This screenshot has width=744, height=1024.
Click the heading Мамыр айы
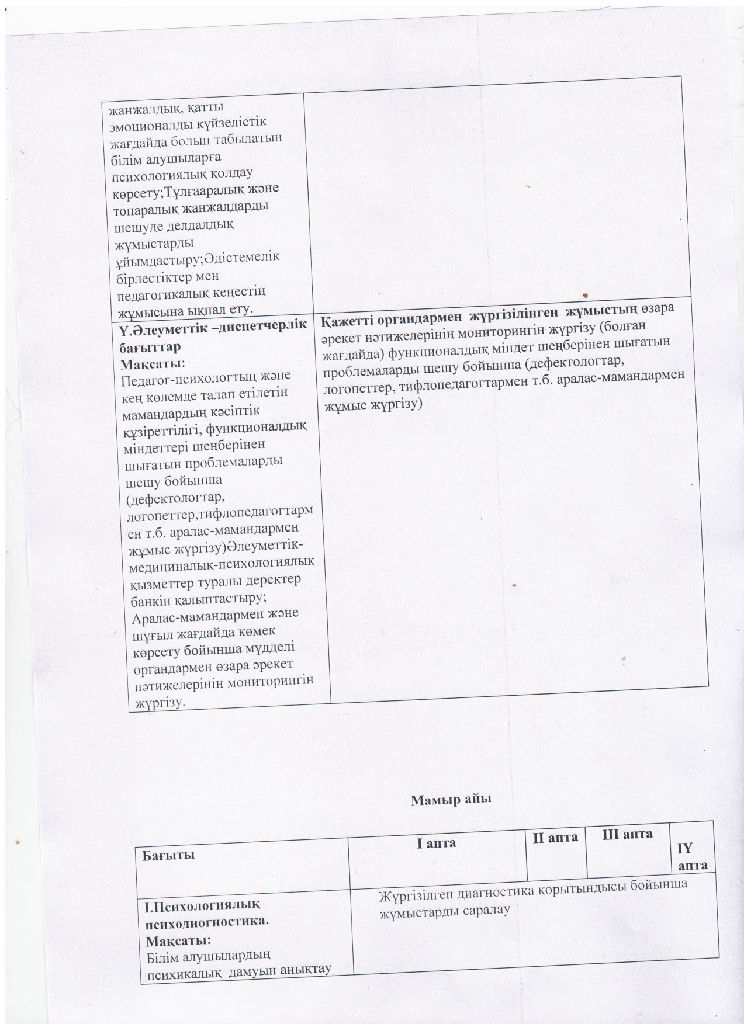[451, 799]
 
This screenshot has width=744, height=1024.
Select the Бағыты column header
[168, 855]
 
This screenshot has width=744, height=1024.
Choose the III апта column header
[627, 834]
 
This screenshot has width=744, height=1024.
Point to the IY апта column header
[693, 855]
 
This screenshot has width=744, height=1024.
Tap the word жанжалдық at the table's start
[134, 108]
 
